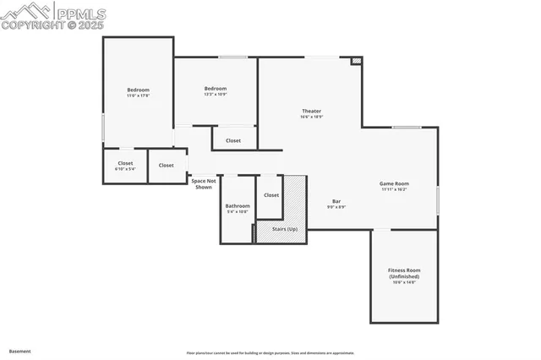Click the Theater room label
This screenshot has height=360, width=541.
311,112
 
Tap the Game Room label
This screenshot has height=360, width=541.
394,183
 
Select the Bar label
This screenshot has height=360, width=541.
336,201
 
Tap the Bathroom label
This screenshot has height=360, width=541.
238,205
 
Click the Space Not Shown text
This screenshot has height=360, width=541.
204,183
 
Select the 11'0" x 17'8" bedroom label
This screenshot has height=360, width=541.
139,90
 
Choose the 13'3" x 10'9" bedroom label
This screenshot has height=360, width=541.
216,89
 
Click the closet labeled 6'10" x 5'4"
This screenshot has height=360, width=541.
125,163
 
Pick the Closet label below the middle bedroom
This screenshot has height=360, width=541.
233,140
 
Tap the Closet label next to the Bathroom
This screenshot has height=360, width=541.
271,195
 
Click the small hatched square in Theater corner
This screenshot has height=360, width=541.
357,61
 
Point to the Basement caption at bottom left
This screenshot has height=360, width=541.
20,350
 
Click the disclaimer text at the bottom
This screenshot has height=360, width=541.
270,353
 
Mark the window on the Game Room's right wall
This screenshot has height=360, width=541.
438,200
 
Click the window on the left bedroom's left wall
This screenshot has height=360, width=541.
103,128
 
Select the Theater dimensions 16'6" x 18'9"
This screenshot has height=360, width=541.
311,117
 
